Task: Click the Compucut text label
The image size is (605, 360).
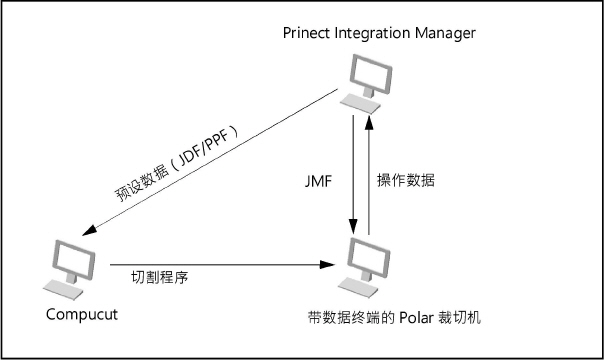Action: coord(82,314)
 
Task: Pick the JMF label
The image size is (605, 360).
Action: coord(320,182)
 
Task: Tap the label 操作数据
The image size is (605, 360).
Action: coord(406,181)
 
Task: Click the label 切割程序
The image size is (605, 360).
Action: coord(161,277)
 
